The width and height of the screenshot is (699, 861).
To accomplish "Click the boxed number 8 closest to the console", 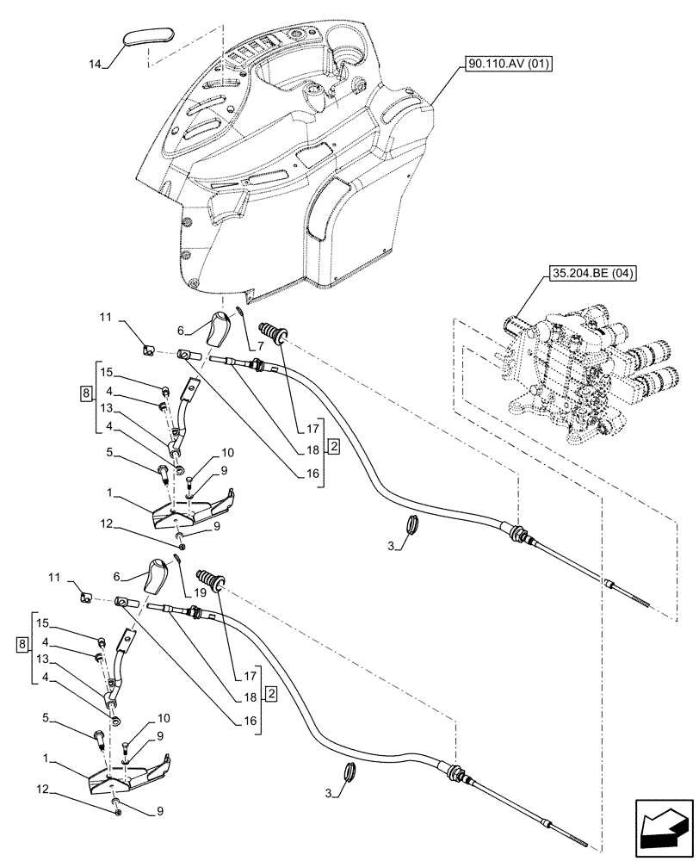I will pos(84,393).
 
